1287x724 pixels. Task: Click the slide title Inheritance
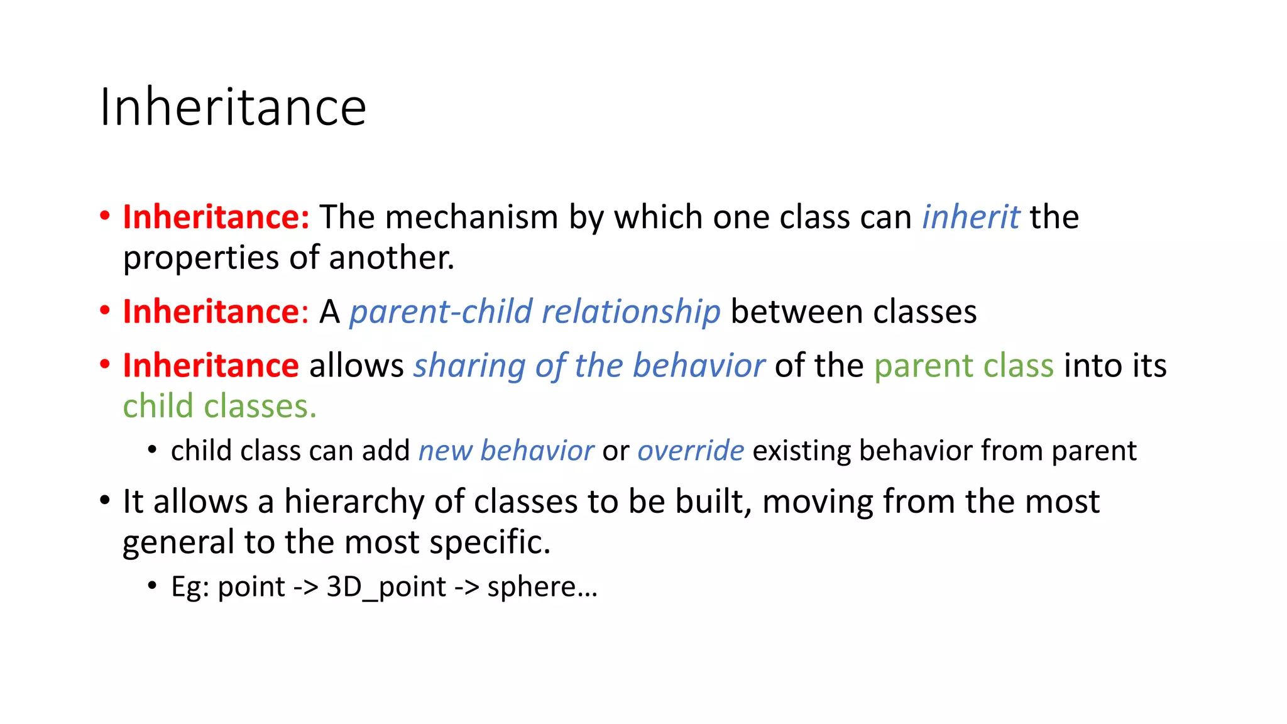pos(233,107)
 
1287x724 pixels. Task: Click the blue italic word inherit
pos(970,217)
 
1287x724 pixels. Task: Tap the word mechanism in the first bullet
pos(471,217)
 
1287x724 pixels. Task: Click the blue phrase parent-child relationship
pos(535,312)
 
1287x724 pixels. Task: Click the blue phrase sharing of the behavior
pos(589,366)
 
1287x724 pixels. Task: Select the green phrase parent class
pos(963,366)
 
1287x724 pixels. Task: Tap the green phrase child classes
pos(219,406)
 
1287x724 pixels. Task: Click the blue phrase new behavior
pos(506,451)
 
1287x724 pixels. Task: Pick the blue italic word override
pos(691,451)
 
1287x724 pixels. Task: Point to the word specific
pos(490,542)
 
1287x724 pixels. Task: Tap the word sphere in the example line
pos(532,587)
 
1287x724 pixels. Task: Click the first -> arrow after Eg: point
pos(306,587)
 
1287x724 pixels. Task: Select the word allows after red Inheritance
pos(356,366)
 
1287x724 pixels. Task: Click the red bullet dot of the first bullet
pos(105,216)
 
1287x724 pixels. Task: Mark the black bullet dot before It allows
pos(105,501)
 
